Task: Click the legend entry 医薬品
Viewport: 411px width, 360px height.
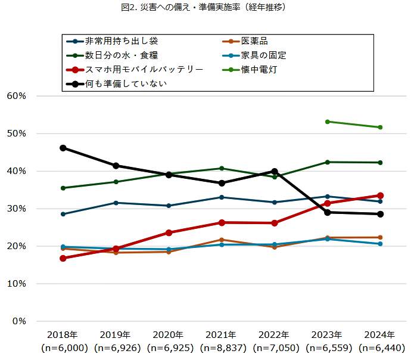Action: coord(255,41)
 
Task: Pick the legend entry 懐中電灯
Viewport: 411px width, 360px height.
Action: coord(259,70)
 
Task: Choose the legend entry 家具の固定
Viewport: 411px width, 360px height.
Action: coord(264,55)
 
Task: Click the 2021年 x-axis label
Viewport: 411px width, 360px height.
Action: coord(222,334)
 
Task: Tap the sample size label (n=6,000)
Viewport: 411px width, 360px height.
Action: coord(63,347)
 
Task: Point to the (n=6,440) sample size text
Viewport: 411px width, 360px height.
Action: coord(380,347)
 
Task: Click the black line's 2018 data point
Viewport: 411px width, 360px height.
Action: coord(63,148)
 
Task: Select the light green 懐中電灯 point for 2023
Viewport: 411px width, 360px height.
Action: coord(328,122)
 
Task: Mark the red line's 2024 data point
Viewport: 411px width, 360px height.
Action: coord(380,195)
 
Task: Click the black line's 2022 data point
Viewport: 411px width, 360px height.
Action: coord(275,171)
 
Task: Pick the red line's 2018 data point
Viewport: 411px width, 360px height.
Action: coord(63,258)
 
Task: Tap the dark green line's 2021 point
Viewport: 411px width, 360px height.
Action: coord(222,168)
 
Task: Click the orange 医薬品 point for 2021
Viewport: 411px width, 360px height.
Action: coord(222,240)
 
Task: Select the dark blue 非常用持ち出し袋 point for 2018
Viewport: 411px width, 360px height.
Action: coord(63,214)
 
